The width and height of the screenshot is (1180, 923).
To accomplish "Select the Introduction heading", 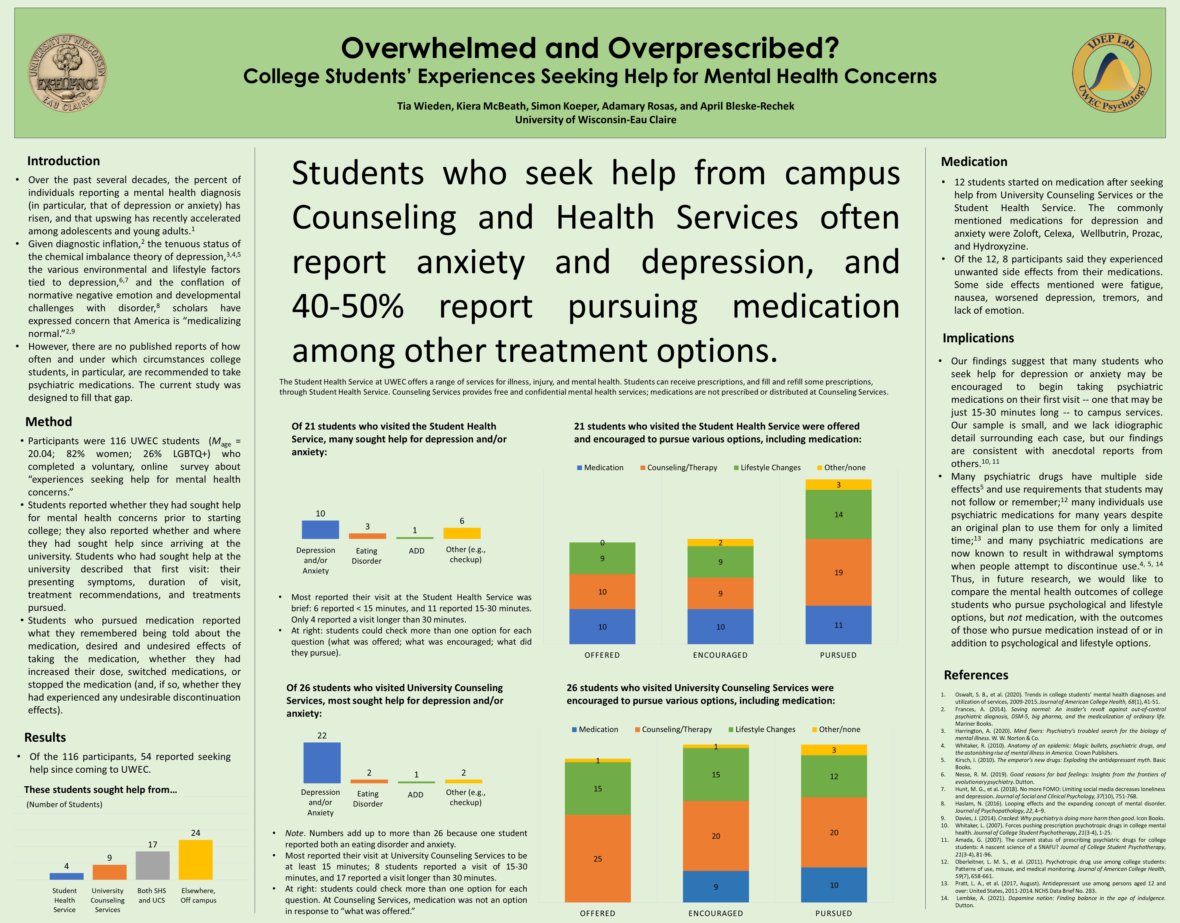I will [63, 161].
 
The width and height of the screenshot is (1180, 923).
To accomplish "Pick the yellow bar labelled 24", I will [196, 859].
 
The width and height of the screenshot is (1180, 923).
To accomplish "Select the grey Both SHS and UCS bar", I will [152, 865].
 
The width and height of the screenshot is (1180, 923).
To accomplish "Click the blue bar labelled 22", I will [322, 762].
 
